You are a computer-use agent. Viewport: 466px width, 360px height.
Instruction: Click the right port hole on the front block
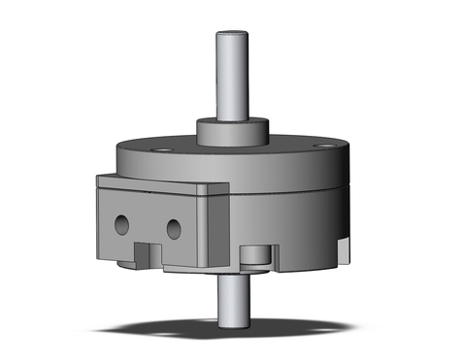point(173,229)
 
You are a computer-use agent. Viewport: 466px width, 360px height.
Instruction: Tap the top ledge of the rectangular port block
point(155,184)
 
